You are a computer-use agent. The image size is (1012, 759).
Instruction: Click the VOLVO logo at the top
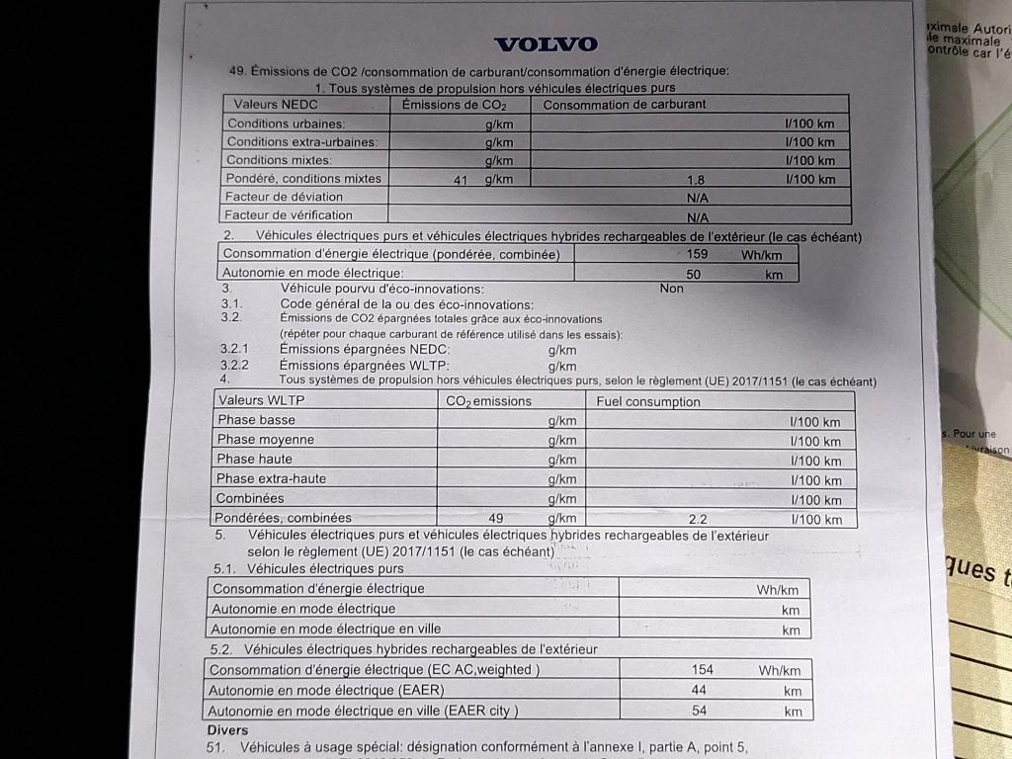pos(546,44)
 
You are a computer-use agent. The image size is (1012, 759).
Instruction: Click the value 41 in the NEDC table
pos(461,180)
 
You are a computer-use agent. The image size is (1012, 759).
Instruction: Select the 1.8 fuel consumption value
pos(696,180)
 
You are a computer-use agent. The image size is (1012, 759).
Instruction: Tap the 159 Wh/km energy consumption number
pos(696,254)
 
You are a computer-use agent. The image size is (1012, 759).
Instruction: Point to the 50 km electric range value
pos(693,274)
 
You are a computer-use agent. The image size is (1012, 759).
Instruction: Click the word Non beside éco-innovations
pos(672,289)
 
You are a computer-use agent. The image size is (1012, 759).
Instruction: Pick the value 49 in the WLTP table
pos(496,518)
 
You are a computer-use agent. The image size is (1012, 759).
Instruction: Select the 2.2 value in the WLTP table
pos(698,519)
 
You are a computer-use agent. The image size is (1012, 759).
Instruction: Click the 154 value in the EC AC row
pos(702,670)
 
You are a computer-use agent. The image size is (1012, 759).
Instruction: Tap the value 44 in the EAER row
pos(700,691)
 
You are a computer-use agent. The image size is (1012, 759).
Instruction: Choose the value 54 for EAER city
pos(699,711)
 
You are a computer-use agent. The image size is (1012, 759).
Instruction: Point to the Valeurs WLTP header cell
pos(261,400)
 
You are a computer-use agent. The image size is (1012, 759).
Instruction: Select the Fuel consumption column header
pos(648,401)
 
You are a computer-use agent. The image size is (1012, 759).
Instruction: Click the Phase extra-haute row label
pos(271,478)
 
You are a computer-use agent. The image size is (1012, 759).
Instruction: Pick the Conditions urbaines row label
pos(286,124)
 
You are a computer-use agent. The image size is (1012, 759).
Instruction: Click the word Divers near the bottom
pos(227,729)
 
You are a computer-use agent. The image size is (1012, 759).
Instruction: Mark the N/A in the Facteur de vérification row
pos(698,216)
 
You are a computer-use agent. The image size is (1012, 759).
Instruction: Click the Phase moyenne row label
pos(265,440)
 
